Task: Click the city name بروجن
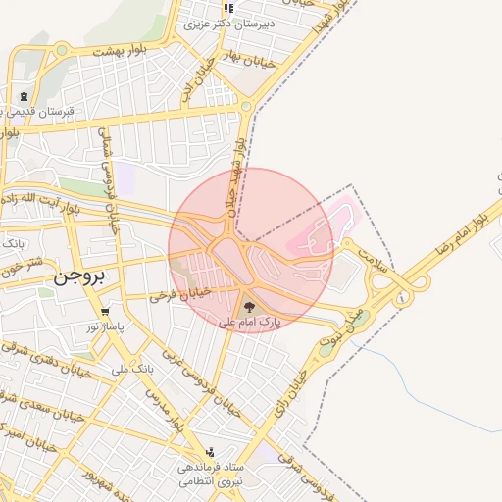(x=77, y=277)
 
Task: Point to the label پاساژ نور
(x=102, y=326)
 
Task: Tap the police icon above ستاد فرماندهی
(x=210, y=453)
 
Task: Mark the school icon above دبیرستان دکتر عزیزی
(x=228, y=8)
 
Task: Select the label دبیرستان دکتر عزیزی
(x=226, y=22)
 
